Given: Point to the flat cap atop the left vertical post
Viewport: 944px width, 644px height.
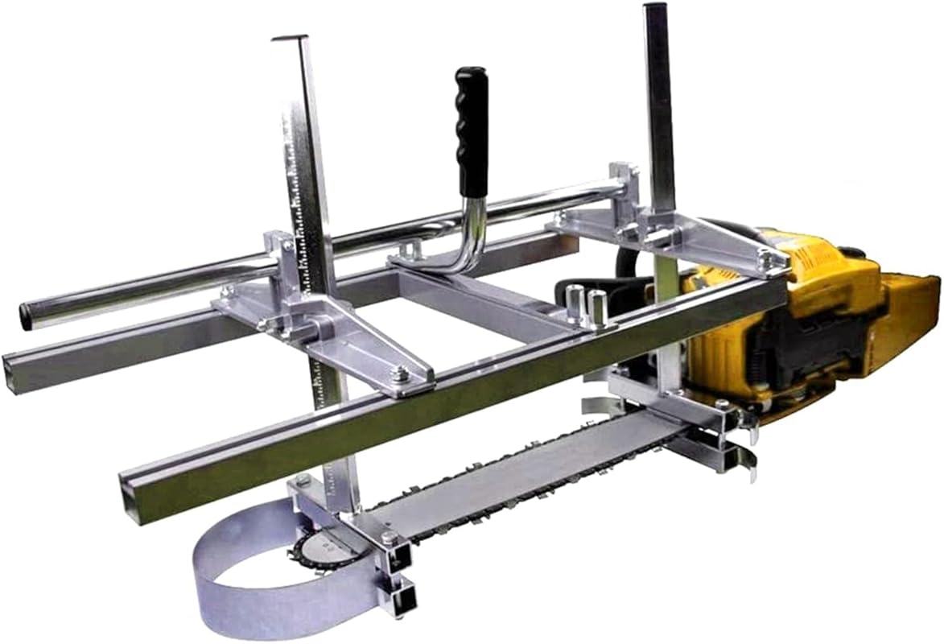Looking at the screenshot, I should click(x=290, y=38).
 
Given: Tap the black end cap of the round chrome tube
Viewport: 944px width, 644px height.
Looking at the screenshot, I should click(x=27, y=316).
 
